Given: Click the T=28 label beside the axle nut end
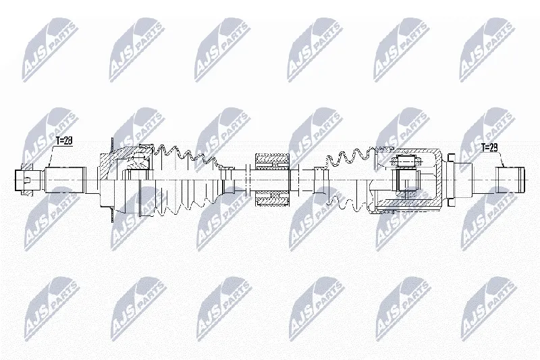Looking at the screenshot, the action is [x=64, y=141].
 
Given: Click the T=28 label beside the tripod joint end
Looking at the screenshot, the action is [x=489, y=148].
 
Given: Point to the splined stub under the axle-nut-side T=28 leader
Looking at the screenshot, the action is [x=65, y=180].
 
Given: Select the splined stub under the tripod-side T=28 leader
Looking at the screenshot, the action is [x=510, y=180].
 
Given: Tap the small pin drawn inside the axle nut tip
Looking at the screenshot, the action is [x=28, y=180].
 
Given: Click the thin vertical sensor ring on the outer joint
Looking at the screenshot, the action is [x=112, y=180].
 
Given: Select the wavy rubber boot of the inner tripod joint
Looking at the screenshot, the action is [x=351, y=179].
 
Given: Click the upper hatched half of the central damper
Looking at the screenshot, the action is [x=272, y=162].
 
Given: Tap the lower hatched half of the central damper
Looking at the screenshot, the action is [x=272, y=199].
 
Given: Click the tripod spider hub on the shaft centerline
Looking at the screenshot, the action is [x=408, y=179].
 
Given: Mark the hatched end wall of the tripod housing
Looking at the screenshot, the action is [x=439, y=179].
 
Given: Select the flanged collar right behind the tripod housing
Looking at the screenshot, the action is [x=451, y=180].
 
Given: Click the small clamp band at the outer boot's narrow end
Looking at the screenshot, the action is [x=227, y=180].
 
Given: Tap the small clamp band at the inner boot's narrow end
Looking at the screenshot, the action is [x=319, y=180].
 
